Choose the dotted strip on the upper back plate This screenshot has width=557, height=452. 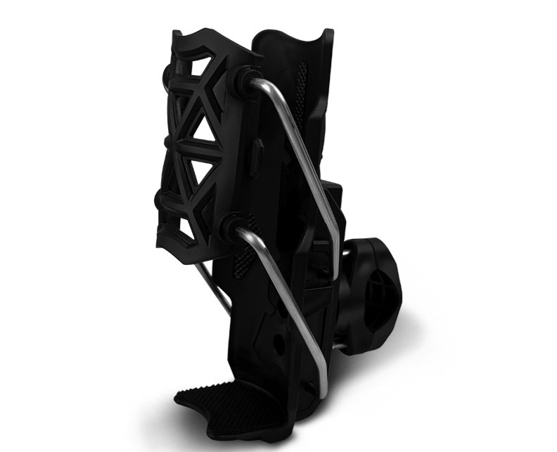coord(303,77)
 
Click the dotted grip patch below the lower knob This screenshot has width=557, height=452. coord(243,264)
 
